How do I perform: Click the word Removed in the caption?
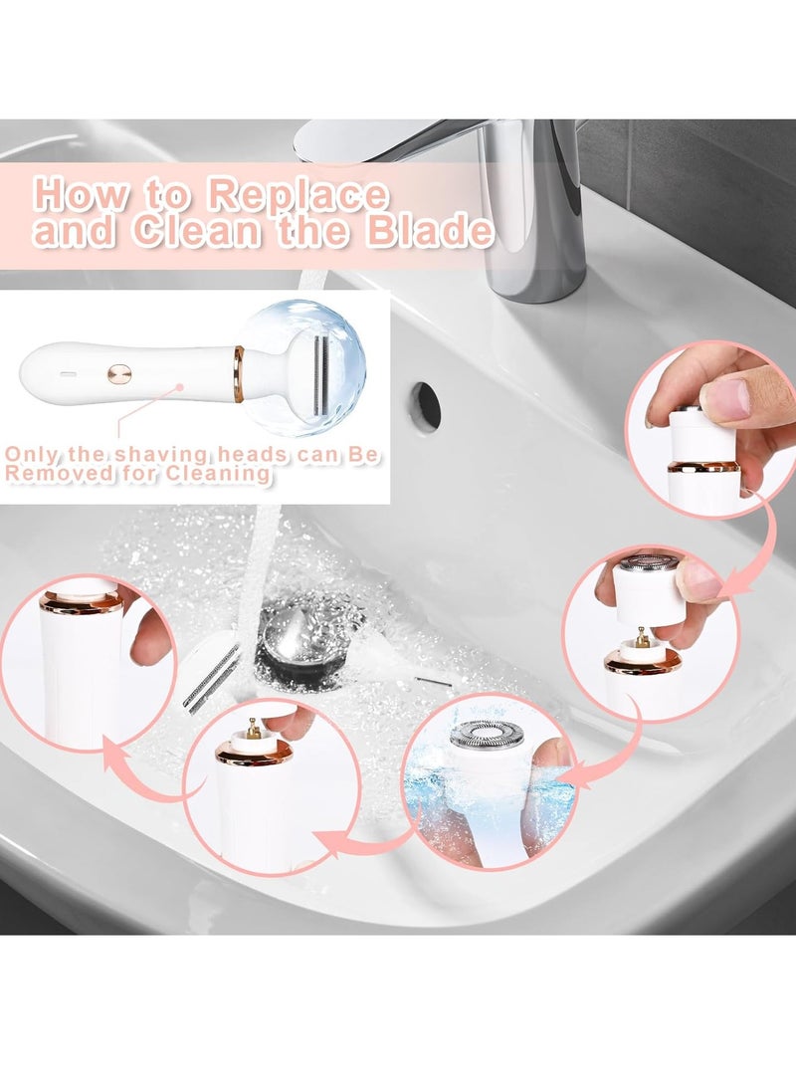(49, 474)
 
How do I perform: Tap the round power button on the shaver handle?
(119, 374)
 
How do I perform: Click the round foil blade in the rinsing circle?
(487, 734)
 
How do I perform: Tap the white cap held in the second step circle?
(648, 591)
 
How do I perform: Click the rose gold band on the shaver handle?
(239, 373)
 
